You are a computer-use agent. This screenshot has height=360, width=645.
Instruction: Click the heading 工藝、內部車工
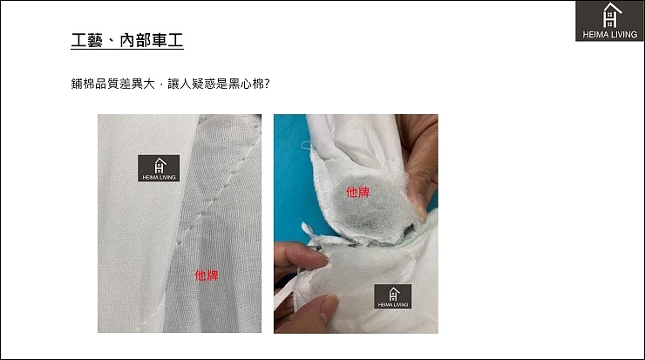(x=127, y=40)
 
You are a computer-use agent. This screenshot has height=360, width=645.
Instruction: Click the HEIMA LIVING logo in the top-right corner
(x=609, y=21)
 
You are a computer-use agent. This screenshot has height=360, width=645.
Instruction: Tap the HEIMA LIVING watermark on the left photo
(x=159, y=168)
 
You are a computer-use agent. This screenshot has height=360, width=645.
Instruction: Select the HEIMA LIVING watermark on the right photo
(x=393, y=296)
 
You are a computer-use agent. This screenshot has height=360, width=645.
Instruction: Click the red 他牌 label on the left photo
(x=207, y=275)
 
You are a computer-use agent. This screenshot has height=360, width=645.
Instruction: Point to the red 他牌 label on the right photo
(x=357, y=192)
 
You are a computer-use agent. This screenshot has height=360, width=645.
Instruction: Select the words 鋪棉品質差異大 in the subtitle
(x=112, y=84)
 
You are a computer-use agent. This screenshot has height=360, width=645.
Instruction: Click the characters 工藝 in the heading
(x=86, y=40)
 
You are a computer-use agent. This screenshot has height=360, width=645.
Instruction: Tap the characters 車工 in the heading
(x=167, y=40)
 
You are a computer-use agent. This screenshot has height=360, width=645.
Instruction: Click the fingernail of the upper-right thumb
(x=420, y=204)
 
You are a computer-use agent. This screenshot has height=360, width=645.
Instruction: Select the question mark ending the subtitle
(x=267, y=84)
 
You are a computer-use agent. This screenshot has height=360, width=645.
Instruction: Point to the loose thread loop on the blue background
(x=307, y=145)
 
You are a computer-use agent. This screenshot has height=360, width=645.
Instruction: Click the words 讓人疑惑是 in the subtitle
(x=198, y=84)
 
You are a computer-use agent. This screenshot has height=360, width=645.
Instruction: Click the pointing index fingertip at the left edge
(x=321, y=257)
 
